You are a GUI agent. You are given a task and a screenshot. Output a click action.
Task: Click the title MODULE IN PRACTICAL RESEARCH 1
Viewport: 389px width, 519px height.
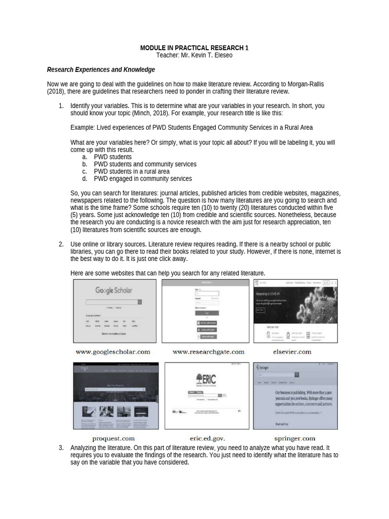(194, 48)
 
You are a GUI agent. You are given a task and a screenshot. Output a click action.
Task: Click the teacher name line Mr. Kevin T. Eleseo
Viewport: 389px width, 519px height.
(194, 55)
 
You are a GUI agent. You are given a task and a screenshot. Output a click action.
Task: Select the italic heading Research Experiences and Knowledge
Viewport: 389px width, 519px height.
(101, 70)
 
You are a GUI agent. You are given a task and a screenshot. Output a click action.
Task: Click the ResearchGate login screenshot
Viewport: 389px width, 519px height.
(206, 311)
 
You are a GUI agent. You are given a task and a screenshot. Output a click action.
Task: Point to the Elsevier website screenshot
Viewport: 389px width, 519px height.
(295, 311)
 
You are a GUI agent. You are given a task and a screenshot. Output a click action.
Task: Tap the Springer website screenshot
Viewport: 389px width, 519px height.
(295, 395)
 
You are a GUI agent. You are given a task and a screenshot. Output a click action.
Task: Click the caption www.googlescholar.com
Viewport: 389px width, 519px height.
(113, 351)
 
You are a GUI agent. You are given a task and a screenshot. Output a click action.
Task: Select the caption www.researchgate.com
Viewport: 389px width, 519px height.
(208, 351)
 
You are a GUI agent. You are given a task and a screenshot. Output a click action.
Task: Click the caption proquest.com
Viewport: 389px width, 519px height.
(113, 438)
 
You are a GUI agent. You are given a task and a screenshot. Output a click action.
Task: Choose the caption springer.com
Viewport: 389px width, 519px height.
(294, 438)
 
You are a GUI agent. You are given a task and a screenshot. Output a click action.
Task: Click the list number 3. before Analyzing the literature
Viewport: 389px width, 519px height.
(61, 448)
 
